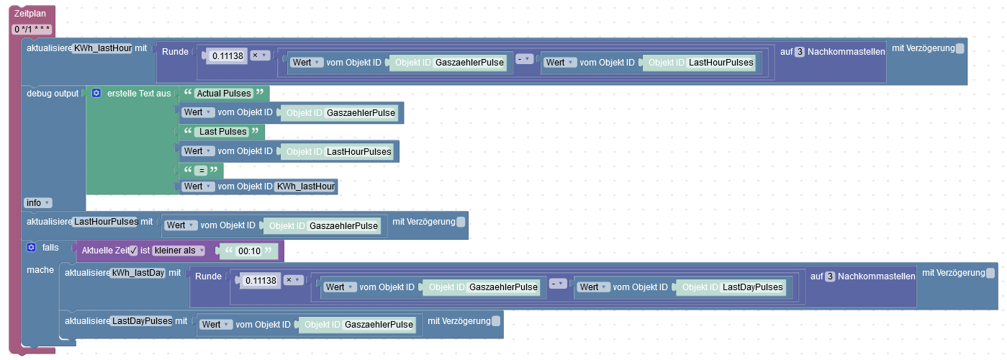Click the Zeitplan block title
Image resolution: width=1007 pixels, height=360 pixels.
(30, 14)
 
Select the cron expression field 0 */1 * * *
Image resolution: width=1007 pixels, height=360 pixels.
(32, 30)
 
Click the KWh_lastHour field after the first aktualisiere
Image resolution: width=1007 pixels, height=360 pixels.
(102, 49)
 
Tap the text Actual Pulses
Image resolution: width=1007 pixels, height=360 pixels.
(224, 94)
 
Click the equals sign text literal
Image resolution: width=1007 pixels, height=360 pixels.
(202, 171)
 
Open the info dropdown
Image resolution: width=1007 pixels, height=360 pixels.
(37, 203)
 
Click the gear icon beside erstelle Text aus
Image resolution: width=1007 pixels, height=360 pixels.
(96, 94)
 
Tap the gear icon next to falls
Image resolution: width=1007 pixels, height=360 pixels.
(31, 248)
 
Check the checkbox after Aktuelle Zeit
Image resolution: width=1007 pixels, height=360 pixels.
(133, 251)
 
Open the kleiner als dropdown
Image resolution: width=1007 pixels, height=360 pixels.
(179, 251)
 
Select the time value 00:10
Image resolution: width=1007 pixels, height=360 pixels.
(248, 251)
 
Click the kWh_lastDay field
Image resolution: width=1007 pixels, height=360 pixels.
(137, 274)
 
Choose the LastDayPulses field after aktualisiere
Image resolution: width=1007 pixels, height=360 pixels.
(142, 321)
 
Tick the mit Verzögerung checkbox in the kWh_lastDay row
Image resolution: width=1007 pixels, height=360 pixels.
(990, 273)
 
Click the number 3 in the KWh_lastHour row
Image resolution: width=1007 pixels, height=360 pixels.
(799, 52)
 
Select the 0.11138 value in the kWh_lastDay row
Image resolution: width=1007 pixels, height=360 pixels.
(261, 280)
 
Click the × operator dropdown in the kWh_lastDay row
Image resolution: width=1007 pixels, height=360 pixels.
(293, 280)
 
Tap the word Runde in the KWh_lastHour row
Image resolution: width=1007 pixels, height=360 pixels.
(176, 52)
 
